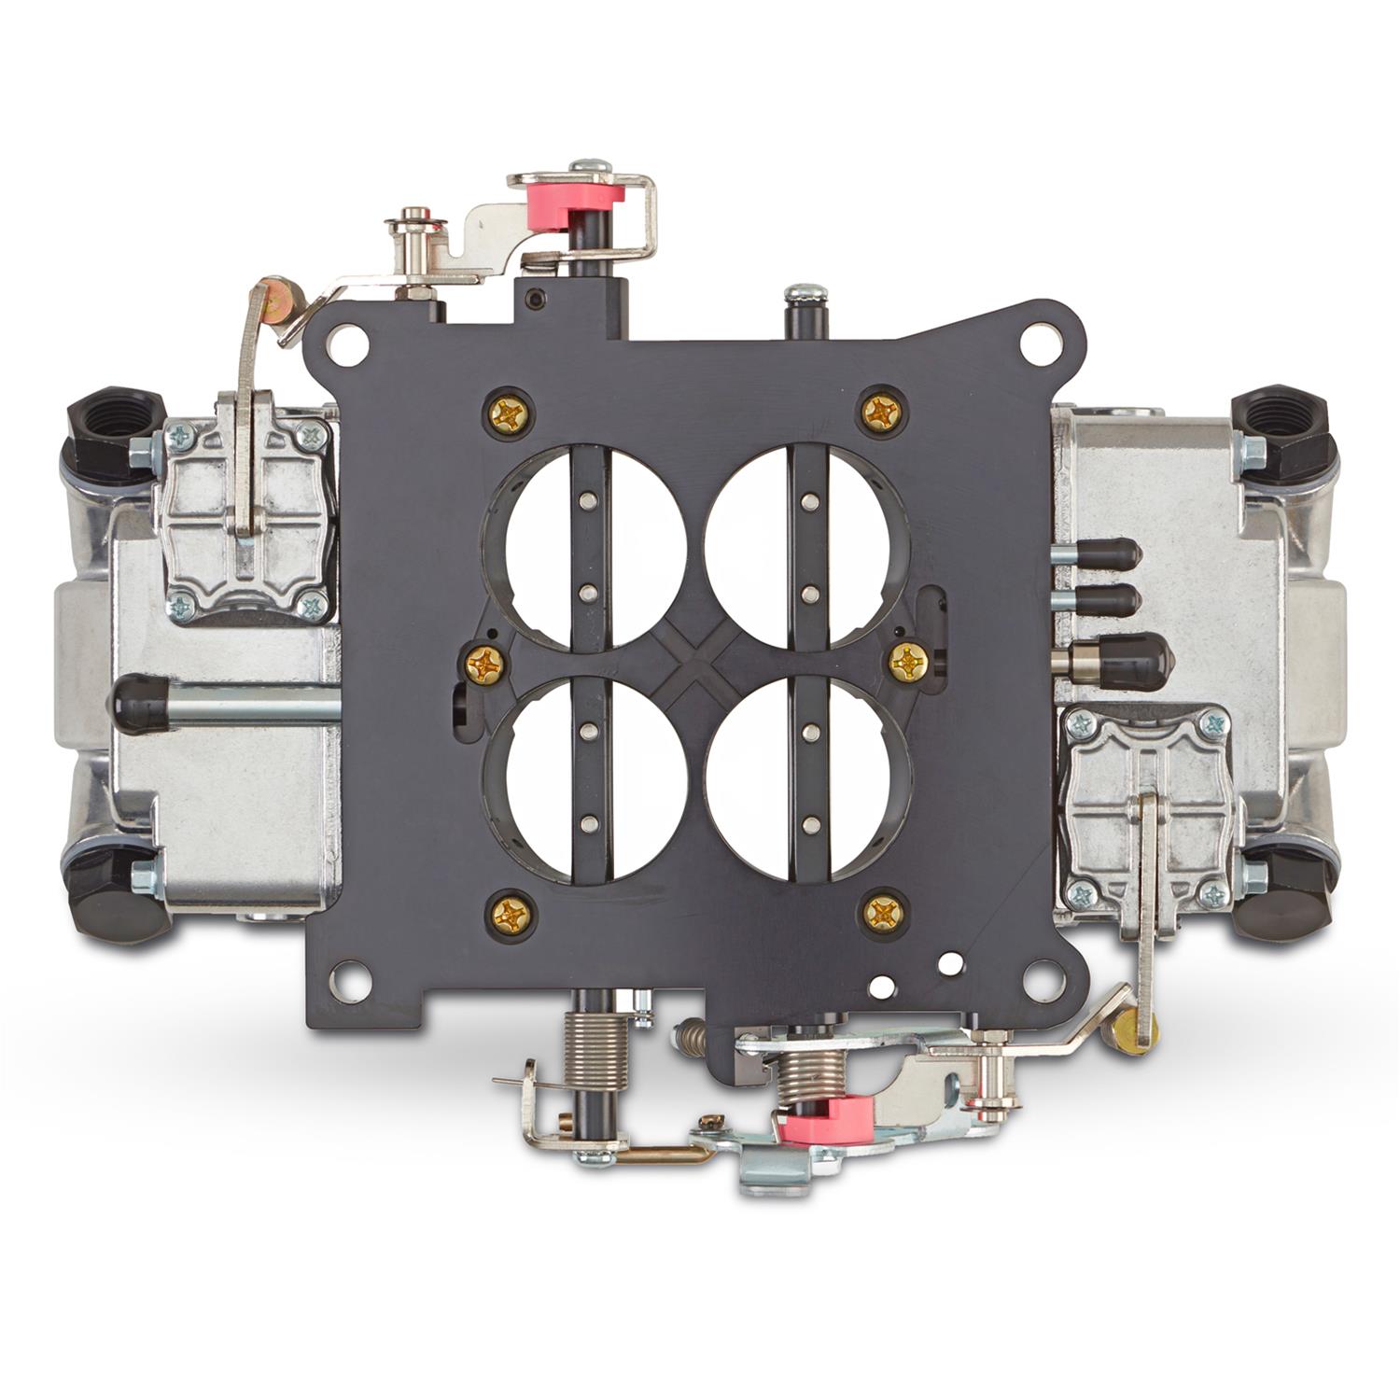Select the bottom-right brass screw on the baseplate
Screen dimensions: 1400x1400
click(x=882, y=913)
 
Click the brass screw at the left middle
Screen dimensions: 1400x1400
click(x=486, y=665)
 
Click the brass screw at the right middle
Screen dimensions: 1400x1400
click(x=906, y=662)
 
